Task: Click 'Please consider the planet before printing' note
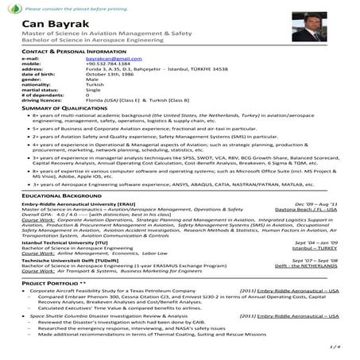(x=70, y=6)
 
